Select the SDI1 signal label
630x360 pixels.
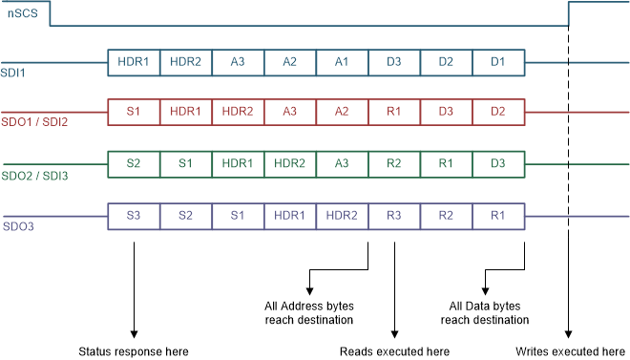[13, 71]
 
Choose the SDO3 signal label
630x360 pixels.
[16, 226]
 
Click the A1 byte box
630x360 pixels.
[342, 61]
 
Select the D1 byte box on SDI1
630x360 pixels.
[497, 61]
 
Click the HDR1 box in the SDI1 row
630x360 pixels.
[134, 61]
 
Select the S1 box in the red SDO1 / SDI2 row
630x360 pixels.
[134, 113]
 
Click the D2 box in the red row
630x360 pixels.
[497, 113]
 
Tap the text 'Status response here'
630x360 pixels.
[134, 351]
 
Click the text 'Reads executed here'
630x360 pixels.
[394, 351]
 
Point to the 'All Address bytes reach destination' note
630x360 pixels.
[308, 312]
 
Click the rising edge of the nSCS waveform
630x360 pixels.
[569, 13]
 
